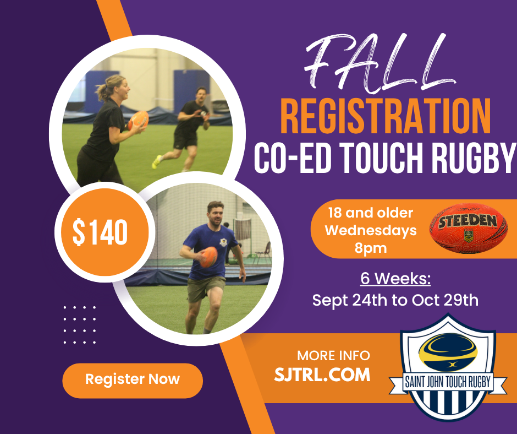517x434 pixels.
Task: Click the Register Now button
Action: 133,381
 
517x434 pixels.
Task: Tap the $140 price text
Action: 100,232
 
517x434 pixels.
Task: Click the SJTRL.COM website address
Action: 322,375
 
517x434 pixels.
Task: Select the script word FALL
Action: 378,63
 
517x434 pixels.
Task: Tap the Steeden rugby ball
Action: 468,228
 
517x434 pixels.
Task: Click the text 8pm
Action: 371,248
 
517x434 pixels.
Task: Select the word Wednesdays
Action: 371,230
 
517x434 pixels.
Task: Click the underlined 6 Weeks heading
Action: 395,279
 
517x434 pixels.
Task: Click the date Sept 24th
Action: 350,300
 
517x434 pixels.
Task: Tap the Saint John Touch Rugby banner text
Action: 448,382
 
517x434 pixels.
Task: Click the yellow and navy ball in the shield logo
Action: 448,352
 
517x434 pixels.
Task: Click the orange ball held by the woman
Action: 138,120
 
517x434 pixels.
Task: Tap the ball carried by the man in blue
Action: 208,257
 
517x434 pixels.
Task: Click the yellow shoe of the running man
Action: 157,161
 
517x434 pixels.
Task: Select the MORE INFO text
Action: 333,356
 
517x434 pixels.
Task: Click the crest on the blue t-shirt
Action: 223,242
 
